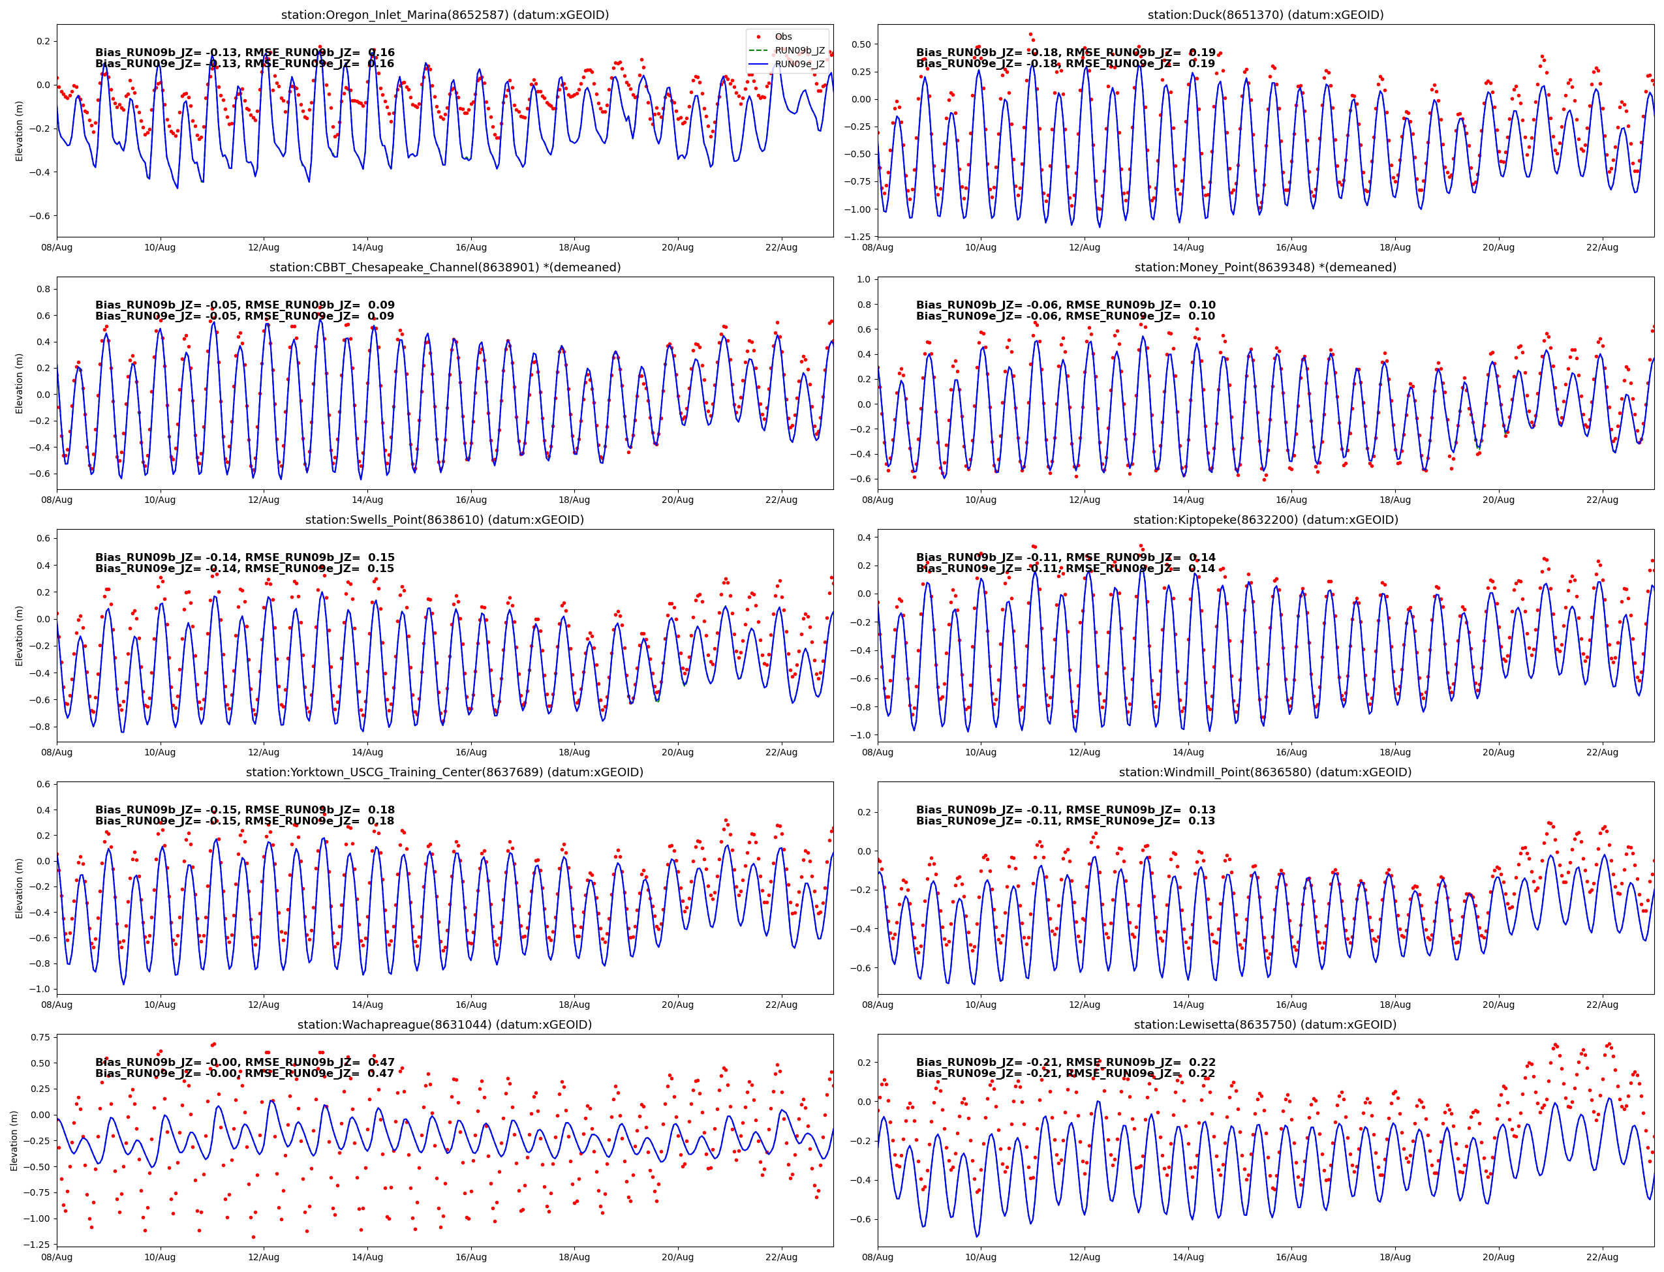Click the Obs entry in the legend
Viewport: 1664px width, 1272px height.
click(x=782, y=37)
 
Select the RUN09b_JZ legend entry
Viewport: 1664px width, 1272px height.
click(x=799, y=50)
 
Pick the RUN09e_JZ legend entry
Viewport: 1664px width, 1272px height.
click(x=799, y=64)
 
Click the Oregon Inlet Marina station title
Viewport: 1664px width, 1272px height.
click(x=444, y=14)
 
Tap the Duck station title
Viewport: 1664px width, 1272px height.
click(x=1265, y=14)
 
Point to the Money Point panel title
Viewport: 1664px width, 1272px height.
click(x=1265, y=267)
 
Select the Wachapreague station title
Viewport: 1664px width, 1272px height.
click(x=444, y=1024)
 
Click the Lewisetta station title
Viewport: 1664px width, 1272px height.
click(x=1265, y=1024)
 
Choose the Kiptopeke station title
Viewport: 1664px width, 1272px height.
click(x=1265, y=519)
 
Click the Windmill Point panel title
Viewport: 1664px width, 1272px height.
click(x=1265, y=772)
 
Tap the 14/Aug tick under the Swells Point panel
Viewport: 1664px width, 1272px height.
click(x=367, y=752)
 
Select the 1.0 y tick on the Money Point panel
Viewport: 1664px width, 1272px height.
click(x=863, y=279)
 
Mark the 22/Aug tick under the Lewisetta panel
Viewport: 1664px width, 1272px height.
click(x=1602, y=1257)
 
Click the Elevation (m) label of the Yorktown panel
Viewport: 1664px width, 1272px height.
click(x=19, y=888)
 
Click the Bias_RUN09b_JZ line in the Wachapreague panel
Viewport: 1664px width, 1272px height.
click(x=245, y=1062)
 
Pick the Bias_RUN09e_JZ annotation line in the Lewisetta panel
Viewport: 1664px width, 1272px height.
click(x=1065, y=1074)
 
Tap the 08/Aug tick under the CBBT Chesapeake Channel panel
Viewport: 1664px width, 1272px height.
click(x=57, y=500)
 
